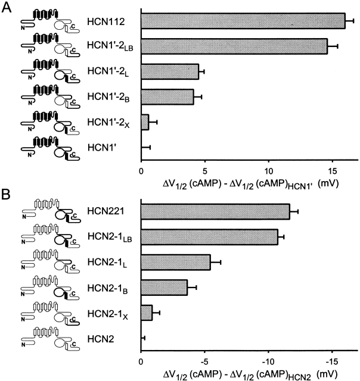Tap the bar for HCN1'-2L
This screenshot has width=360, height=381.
click(x=169, y=71)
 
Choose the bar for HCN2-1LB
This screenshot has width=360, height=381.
click(x=209, y=236)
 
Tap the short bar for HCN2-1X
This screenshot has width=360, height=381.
click(x=147, y=313)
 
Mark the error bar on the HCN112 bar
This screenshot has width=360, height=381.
click(x=350, y=21)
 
